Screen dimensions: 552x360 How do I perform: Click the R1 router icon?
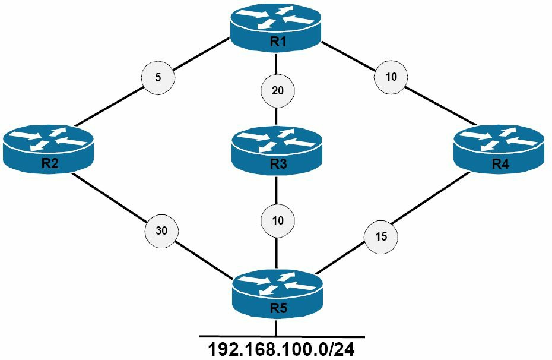275,27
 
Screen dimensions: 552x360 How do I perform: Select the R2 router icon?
48,149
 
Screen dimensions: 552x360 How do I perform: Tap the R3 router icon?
277,151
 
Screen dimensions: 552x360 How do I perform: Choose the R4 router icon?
499,149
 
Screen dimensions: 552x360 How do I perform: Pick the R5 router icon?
277,294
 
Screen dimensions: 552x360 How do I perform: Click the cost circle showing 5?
158,77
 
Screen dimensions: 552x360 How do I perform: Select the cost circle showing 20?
277,91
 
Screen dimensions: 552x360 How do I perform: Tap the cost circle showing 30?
161,230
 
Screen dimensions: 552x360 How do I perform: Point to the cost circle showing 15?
381,236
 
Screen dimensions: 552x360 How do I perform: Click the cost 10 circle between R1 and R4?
391,77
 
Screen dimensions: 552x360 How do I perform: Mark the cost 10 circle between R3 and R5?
277,220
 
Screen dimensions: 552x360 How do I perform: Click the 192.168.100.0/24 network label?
281,349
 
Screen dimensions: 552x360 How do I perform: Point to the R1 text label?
278,42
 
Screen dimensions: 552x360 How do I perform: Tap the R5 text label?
279,308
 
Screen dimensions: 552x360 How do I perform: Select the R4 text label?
500,163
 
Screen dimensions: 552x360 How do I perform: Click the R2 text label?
50,163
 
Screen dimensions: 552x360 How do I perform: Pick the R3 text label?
278,164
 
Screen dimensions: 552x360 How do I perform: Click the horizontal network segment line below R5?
282,336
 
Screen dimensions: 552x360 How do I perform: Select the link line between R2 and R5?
152,225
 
